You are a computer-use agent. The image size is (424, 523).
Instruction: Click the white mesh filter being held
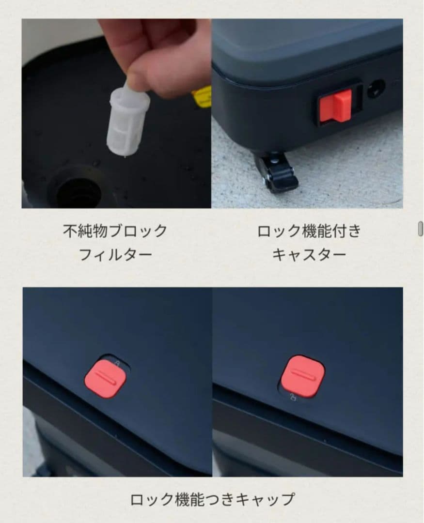pos(127,118)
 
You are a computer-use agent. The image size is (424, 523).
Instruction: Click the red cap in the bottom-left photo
pos(106,378)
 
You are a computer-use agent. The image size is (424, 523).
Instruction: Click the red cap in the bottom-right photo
pos(302,376)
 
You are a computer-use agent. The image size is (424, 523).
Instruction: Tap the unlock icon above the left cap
pos(115,362)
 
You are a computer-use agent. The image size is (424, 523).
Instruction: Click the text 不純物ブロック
pos(115,231)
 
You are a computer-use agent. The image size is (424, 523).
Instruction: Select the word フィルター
pos(115,254)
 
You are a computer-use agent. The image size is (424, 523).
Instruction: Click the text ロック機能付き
pos(309,231)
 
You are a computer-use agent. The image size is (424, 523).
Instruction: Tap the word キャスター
pos(309,254)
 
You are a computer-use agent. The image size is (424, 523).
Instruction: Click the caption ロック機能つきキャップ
pos(212,499)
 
